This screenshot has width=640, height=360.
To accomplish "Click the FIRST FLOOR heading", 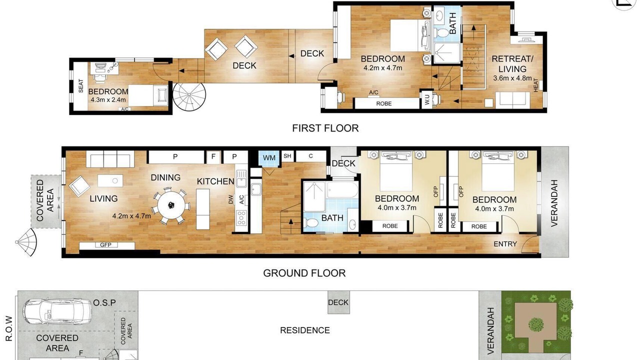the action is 325,128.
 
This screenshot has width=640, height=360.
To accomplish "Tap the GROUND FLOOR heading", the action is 304,273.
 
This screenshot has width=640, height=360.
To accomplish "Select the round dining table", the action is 171,205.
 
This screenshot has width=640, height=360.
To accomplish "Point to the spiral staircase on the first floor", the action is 189,96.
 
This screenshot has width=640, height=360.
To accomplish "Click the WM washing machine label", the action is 269,157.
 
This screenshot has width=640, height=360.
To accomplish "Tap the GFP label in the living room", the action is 105,245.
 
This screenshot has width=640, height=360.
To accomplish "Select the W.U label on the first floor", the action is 427,99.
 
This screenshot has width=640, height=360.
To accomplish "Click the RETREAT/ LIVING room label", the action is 512,63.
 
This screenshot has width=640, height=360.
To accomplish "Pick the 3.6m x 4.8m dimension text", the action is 512,78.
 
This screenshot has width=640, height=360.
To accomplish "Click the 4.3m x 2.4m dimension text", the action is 108,99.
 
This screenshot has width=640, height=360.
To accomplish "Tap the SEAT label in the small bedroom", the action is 81,86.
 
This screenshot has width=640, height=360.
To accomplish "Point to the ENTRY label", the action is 505,244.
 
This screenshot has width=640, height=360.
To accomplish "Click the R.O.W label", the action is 9,328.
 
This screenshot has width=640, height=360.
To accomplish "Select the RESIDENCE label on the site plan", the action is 305,330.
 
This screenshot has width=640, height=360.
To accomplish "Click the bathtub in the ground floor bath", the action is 342,189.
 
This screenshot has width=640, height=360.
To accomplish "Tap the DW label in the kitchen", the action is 231,199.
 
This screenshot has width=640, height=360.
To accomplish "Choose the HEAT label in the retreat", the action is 535,85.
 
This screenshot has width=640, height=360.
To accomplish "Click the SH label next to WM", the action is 287,155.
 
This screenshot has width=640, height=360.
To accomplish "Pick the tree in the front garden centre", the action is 535,324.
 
